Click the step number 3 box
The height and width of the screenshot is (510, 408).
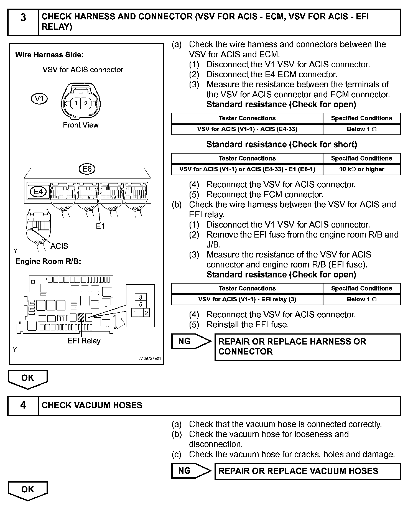[x=23, y=22]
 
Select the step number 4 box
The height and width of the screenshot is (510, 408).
[x=23, y=406]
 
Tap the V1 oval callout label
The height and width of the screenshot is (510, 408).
[x=39, y=99]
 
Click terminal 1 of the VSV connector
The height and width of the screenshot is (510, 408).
[x=76, y=103]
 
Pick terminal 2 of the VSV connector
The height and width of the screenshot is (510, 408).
[x=86, y=103]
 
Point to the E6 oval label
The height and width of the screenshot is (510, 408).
[x=87, y=169]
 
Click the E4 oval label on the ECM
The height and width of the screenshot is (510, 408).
[x=38, y=192]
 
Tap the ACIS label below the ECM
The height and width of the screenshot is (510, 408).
[x=59, y=246]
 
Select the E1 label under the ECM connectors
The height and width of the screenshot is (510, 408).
[x=100, y=226]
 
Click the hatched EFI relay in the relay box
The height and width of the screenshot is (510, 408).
[x=81, y=317]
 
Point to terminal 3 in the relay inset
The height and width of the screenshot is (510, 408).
[x=141, y=297]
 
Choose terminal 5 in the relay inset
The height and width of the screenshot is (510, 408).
[x=141, y=305]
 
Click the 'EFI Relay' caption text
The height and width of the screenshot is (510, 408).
[x=84, y=341]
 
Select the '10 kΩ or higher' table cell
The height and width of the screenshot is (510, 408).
[x=362, y=169]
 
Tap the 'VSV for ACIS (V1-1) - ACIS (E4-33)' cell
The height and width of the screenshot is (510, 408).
[x=247, y=129]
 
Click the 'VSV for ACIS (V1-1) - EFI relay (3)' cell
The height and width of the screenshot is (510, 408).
[x=247, y=299]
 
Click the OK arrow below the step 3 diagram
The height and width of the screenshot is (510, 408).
[x=28, y=379]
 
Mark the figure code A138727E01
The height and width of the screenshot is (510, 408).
[x=150, y=358]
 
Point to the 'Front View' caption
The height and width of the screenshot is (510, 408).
[x=81, y=125]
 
